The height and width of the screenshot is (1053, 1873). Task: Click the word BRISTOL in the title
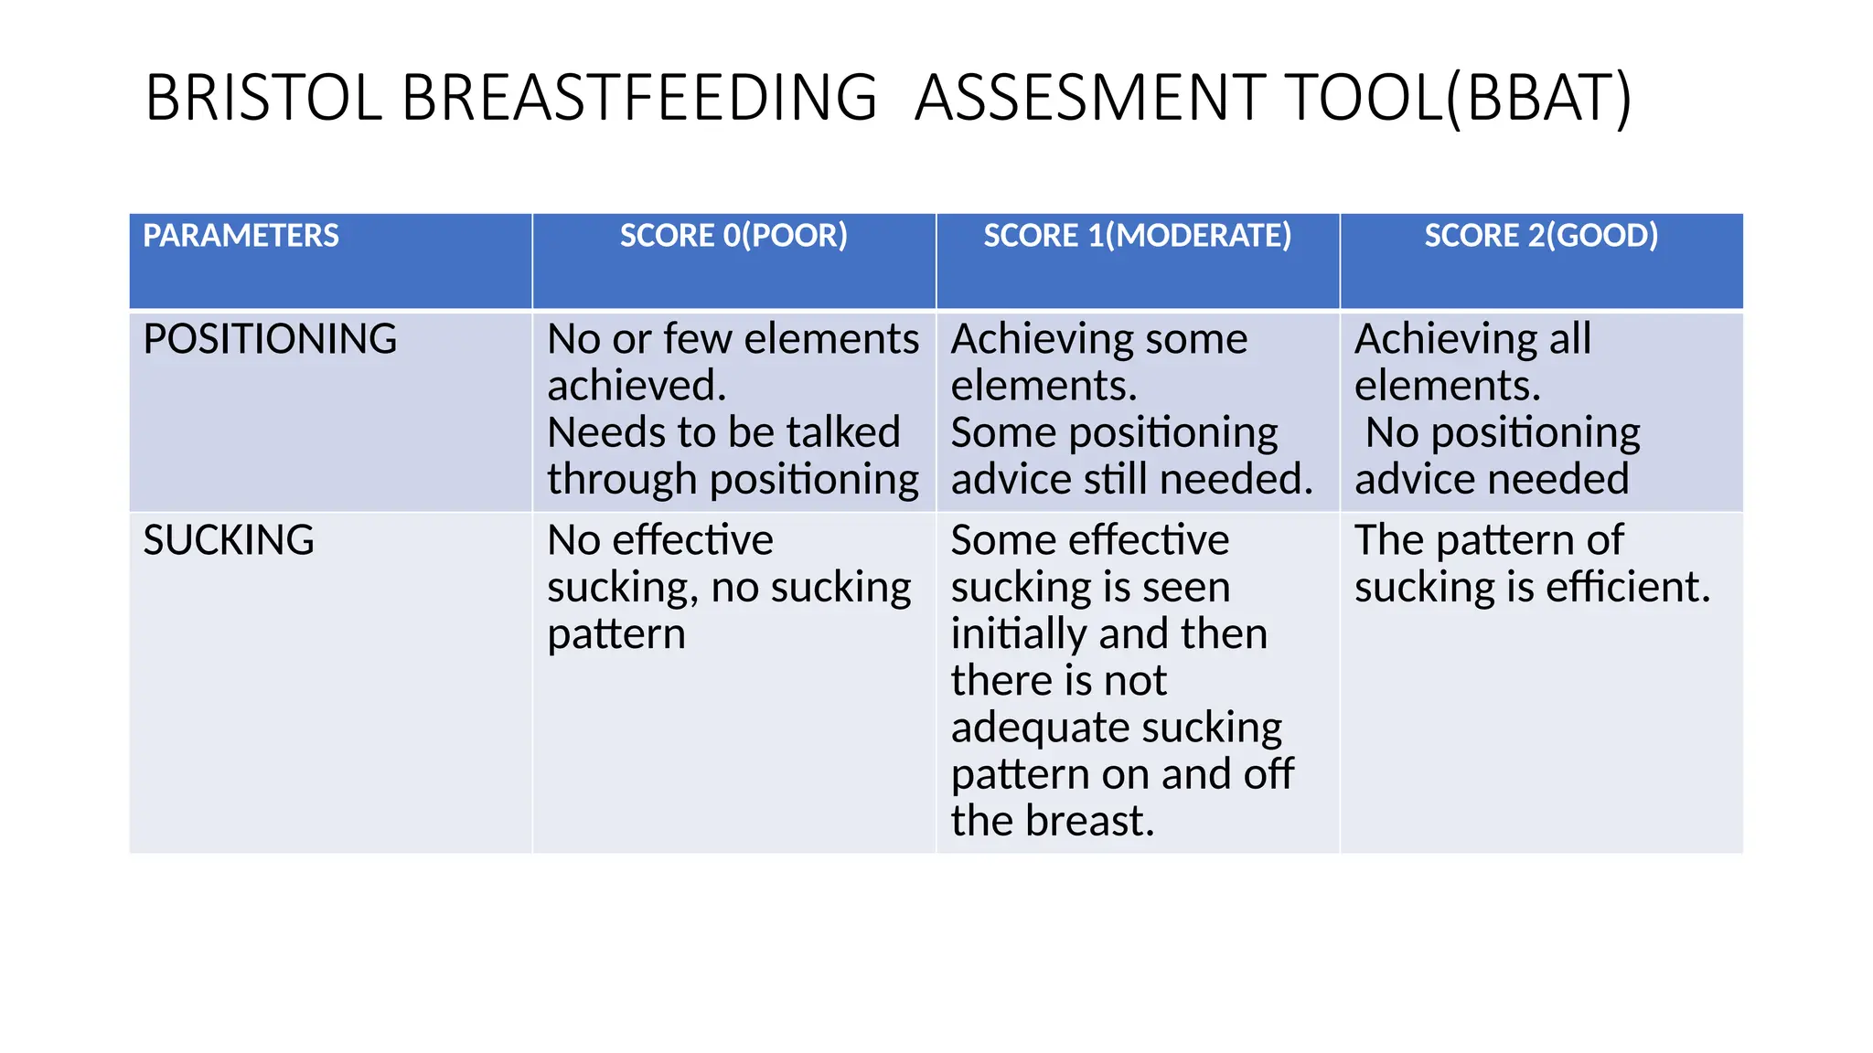(x=263, y=98)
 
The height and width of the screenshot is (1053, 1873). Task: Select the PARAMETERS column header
(x=241, y=236)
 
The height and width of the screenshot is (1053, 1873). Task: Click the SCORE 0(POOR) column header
(x=733, y=236)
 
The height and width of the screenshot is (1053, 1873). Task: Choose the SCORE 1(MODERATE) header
(x=1137, y=236)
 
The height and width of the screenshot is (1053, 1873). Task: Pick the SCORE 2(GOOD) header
(x=1541, y=236)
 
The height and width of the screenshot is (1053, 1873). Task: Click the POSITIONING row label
(x=270, y=339)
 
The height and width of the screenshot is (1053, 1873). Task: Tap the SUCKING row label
(x=229, y=540)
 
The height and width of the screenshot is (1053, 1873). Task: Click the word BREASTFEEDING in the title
(x=639, y=98)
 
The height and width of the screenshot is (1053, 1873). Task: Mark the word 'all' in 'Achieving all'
(x=1569, y=339)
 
